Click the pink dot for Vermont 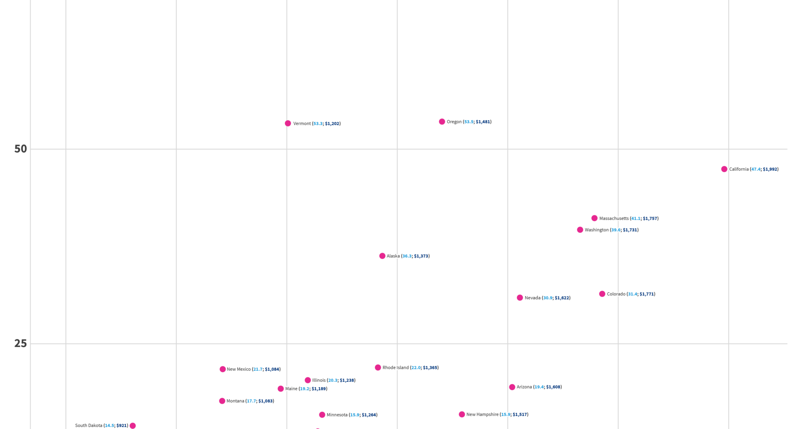(288, 123)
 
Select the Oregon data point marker (442, 121)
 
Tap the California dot (724, 169)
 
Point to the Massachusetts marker (594, 218)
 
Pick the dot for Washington (580, 230)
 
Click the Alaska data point (382, 256)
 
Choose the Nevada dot (520, 297)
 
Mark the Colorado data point (602, 294)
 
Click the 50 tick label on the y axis (21, 149)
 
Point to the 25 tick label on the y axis (21, 344)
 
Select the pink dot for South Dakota (133, 426)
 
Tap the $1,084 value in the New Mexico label (272, 369)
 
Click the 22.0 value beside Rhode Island (416, 367)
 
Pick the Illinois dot (308, 380)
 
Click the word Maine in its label (291, 389)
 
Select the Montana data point (222, 401)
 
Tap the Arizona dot (512, 387)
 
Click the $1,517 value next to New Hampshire (520, 414)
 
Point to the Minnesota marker (322, 415)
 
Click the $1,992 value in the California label (770, 169)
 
